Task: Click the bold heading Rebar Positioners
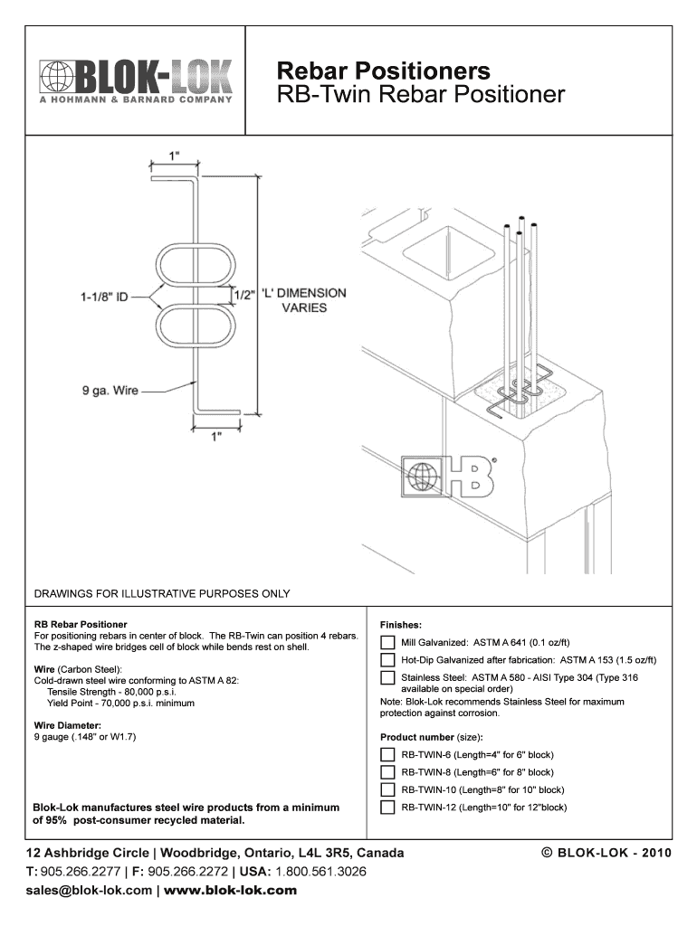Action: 384,71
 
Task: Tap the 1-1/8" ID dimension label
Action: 102,295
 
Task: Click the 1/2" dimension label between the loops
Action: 244,295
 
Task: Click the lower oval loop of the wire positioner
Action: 196,326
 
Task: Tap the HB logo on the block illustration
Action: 451,477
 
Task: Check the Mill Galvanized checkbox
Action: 387,643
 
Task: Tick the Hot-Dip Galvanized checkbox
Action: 387,660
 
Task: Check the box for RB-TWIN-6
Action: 387,754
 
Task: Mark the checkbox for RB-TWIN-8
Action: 387,772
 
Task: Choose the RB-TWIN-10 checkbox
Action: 387,789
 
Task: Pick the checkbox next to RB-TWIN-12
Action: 387,808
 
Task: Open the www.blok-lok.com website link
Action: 230,890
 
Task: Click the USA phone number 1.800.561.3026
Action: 321,872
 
